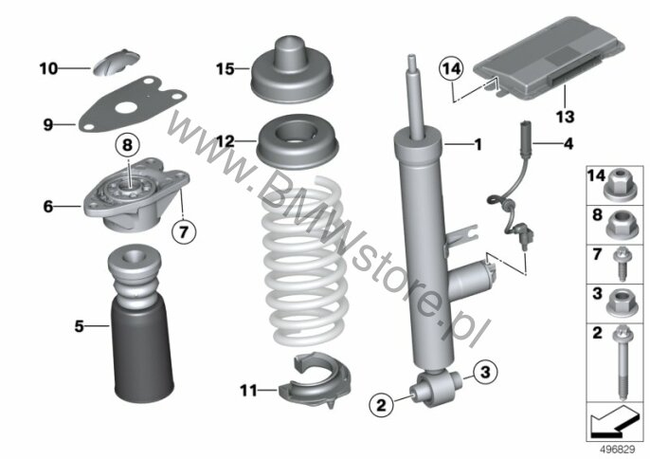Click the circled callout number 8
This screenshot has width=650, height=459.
click(x=127, y=145)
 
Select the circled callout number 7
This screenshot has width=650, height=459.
click(x=184, y=231)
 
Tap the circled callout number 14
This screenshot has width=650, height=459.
click(x=451, y=68)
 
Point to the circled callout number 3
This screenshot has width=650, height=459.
click(x=486, y=372)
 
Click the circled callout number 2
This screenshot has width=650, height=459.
click(x=381, y=404)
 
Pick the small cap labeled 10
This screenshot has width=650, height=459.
click(x=116, y=63)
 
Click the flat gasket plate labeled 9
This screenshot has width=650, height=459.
click(x=133, y=103)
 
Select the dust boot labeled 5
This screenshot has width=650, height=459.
click(x=141, y=323)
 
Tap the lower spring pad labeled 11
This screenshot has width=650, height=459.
click(x=315, y=379)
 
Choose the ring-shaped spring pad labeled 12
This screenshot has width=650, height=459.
click(x=298, y=142)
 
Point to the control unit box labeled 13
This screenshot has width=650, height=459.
click(x=550, y=58)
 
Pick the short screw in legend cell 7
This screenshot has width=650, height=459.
click(x=622, y=264)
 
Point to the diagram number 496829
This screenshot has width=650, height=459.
click(x=618, y=450)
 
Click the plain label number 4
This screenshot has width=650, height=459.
click(x=568, y=144)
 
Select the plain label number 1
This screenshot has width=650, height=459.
click(x=478, y=144)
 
